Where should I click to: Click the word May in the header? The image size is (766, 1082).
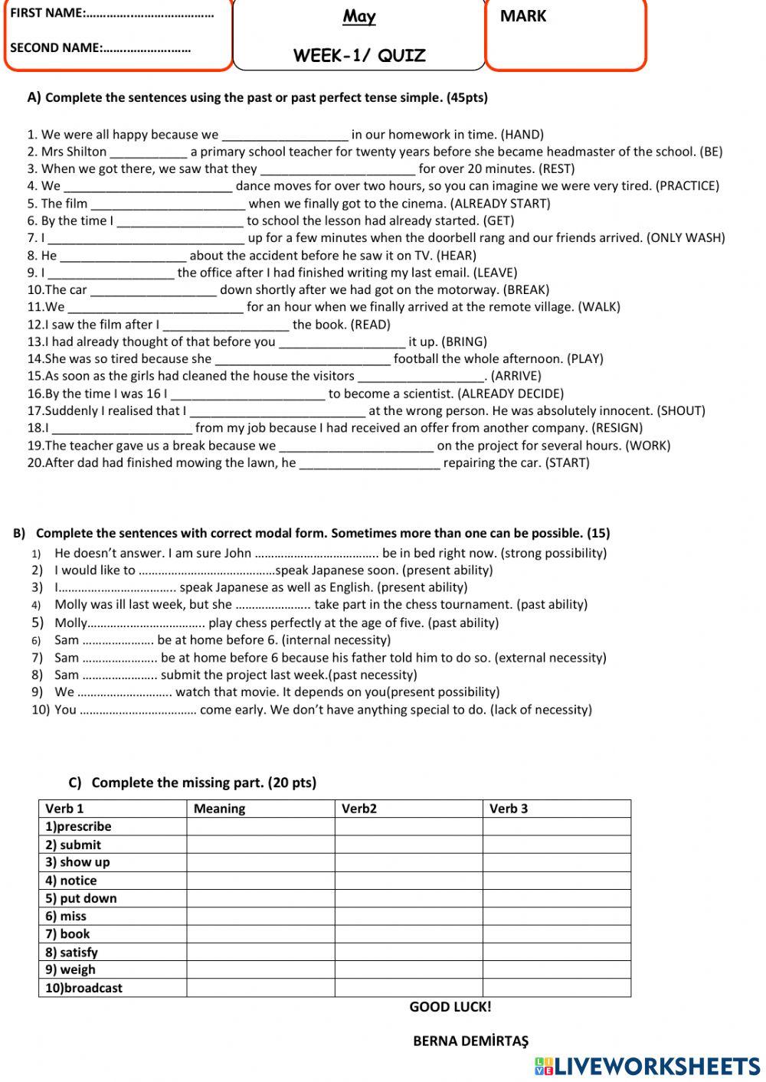[x=359, y=16]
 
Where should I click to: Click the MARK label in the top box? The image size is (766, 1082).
[x=523, y=16]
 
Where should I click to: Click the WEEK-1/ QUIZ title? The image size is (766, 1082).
[x=359, y=55]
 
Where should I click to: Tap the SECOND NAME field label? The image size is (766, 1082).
[x=55, y=47]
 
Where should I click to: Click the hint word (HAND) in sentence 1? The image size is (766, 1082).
[x=522, y=134]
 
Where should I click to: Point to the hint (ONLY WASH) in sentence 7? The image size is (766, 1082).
[x=686, y=237]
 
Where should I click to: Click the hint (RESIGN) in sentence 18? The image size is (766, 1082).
[x=617, y=428]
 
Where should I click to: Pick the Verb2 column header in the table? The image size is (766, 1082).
[x=359, y=809]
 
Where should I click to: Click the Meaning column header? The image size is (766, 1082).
[x=219, y=809]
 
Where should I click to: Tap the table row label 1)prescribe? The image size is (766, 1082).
[x=78, y=827]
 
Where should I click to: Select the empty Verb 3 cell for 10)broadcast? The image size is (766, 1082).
[x=556, y=988]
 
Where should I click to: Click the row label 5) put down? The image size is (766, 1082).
[x=80, y=898]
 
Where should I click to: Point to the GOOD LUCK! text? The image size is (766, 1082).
[x=450, y=1007]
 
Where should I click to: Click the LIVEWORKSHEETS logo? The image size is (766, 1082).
[x=647, y=1067]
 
